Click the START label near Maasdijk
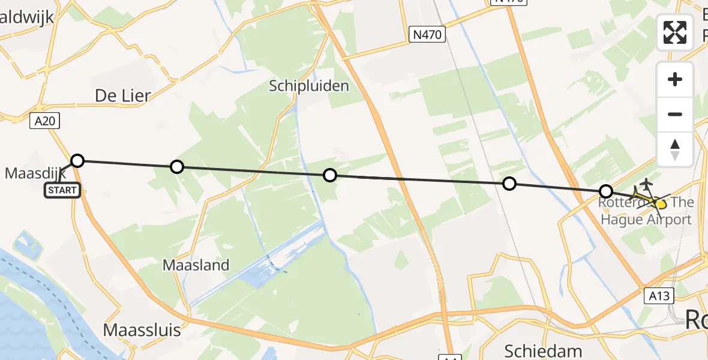point(62,191)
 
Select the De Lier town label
point(122,95)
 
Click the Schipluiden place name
point(309,86)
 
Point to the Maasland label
point(196,265)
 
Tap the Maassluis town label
point(142,329)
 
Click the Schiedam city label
point(543,350)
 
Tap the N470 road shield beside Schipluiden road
point(427,35)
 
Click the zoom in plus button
point(675,79)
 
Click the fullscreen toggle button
point(675,32)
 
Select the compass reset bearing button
point(675,149)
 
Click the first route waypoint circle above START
point(77,160)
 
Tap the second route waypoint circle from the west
point(176,167)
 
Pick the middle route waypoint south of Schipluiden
point(329,175)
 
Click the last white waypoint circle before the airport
point(606,191)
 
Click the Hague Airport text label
point(646,220)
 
